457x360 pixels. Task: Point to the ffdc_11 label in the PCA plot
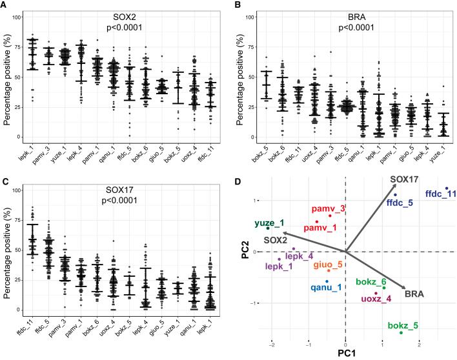(x=442, y=194)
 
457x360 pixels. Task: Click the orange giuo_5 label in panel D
(x=329, y=265)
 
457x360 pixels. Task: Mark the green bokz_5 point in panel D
(x=401, y=332)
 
